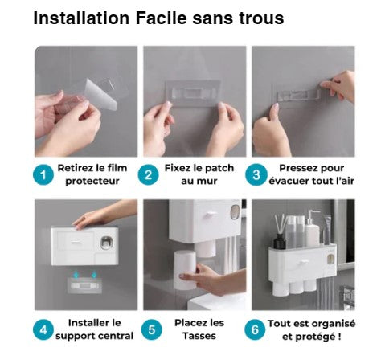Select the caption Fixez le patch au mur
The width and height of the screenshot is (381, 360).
[x=194, y=175]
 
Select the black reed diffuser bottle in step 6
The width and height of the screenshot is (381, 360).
[x=279, y=240]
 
